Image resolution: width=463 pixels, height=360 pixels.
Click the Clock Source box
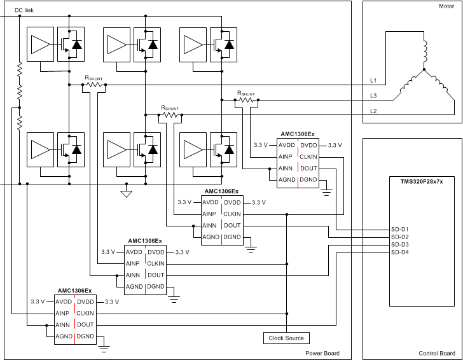tap(286, 338)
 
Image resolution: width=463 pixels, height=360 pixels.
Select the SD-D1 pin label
tap(399, 229)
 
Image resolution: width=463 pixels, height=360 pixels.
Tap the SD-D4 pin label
tap(399, 253)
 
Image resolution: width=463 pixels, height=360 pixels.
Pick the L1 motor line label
tap(374, 81)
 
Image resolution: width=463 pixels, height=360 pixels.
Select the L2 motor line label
tap(374, 111)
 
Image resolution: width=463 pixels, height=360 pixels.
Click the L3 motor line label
tap(374, 96)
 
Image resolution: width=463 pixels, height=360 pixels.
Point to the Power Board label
tap(322, 353)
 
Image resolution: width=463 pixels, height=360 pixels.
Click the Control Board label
tap(436, 353)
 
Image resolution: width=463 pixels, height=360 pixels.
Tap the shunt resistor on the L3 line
tap(246, 100)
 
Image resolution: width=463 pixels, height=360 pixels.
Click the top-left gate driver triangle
tap(40, 45)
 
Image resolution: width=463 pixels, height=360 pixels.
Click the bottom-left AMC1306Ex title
tap(75, 291)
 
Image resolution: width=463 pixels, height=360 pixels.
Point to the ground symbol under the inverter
tap(126, 193)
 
